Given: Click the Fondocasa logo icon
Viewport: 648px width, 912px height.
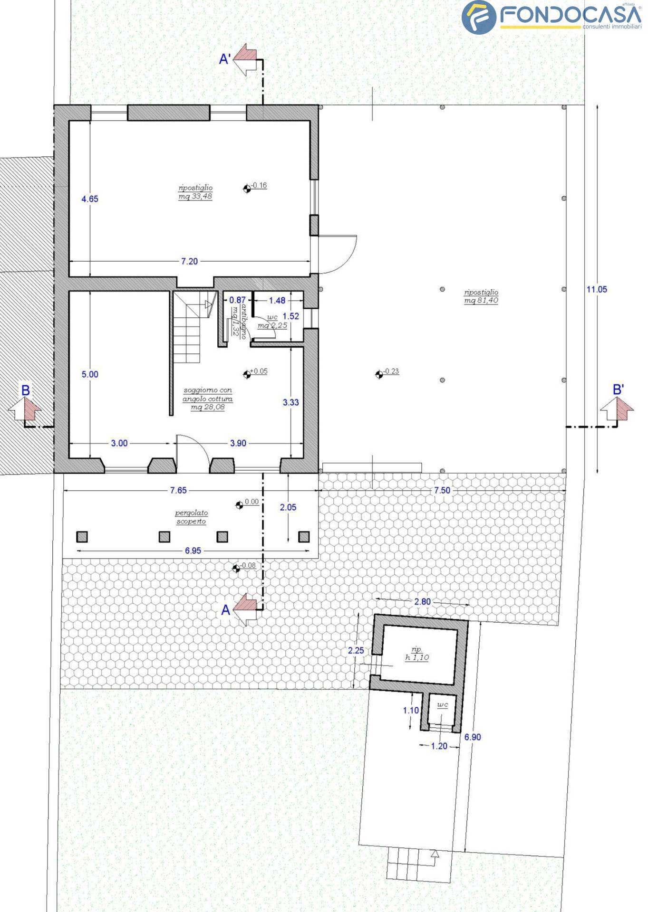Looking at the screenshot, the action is click(479, 18).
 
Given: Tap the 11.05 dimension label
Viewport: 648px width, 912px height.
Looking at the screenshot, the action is click(597, 289).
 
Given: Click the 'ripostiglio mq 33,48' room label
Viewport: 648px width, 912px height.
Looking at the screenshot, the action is click(195, 192).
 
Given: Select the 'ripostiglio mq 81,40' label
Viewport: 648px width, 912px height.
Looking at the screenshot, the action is click(481, 296).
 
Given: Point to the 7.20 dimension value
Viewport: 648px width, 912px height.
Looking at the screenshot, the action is click(189, 261).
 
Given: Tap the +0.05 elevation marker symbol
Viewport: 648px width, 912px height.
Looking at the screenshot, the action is click(247, 375).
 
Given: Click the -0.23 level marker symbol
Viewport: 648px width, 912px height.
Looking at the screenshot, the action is click(379, 375).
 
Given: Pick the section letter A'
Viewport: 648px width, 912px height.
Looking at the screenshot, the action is click(225, 59).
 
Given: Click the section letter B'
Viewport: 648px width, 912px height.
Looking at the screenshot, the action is click(618, 390).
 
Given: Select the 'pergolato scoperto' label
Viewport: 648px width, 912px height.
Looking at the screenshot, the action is click(191, 517).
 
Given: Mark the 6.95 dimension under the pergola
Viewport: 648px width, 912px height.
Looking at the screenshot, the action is click(193, 551).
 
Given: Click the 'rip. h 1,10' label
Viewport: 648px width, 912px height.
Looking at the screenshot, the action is click(417, 654).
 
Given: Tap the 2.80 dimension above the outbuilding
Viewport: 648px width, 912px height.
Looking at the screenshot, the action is click(422, 602).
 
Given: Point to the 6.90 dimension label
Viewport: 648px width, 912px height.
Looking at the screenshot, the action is click(473, 737).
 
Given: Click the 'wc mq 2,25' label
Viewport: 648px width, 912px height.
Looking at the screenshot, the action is click(272, 321).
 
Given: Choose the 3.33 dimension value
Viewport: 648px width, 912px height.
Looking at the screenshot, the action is click(291, 402).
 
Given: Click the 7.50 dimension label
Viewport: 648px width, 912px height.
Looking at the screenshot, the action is click(442, 490).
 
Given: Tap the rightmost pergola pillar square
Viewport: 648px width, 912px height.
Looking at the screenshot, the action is click(304, 537).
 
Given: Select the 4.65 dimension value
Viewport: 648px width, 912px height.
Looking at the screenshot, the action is click(90, 199).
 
